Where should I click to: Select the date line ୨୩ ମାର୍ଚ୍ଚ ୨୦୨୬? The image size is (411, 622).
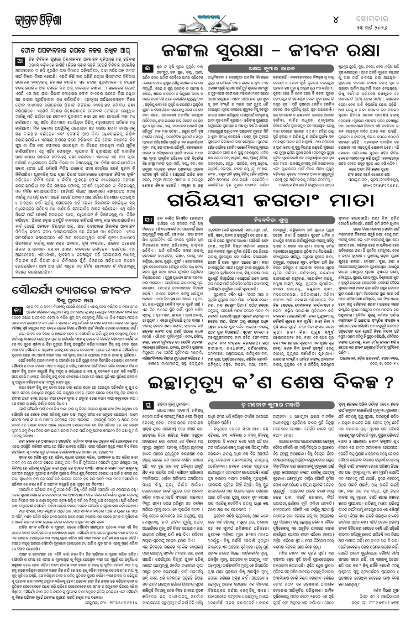click(x=379, y=27)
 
